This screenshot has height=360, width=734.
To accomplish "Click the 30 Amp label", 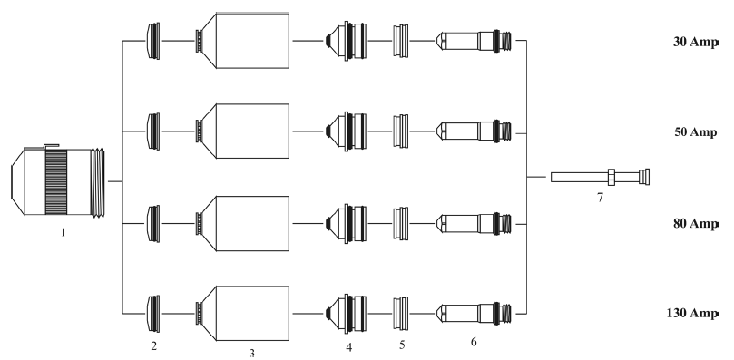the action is click(x=695, y=42).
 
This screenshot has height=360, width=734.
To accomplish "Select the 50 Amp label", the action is click(x=695, y=132).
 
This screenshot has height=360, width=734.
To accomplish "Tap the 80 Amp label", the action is click(x=695, y=223).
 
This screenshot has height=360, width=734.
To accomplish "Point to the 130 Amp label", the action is click(x=692, y=313).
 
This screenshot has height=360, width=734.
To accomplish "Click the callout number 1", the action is click(x=63, y=232).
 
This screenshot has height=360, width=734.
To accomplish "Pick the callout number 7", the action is click(x=600, y=198).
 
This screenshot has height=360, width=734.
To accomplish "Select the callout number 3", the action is click(x=252, y=354).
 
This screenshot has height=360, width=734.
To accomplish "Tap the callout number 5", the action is click(x=402, y=345).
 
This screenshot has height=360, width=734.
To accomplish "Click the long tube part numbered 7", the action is click(x=600, y=177).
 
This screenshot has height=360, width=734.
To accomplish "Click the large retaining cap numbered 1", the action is click(x=57, y=181).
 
